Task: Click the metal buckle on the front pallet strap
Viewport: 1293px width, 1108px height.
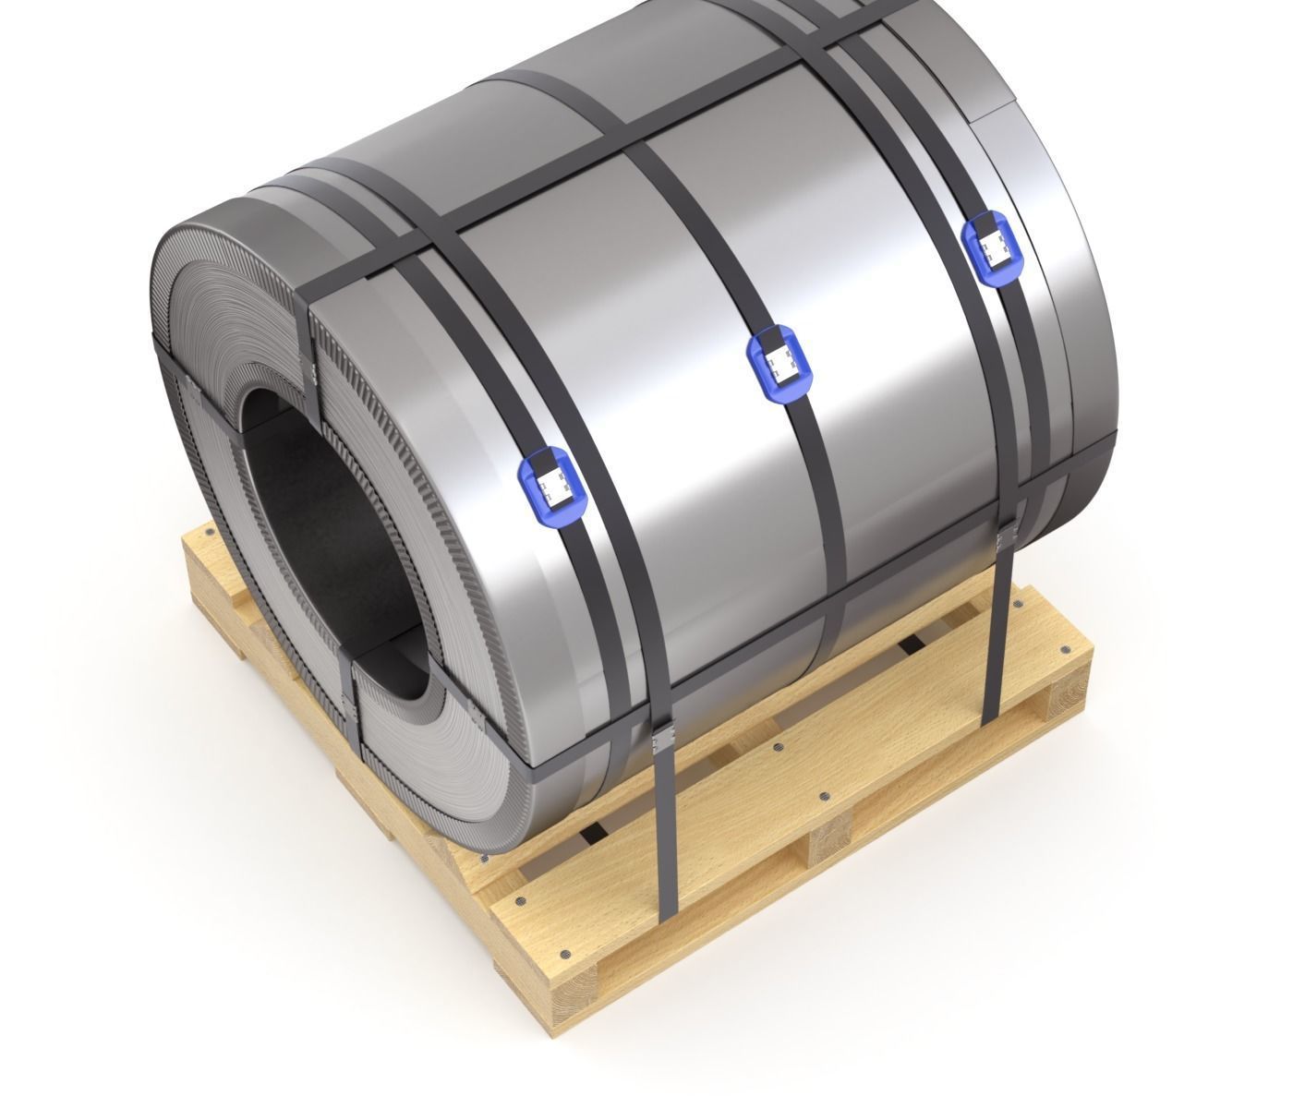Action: (662, 739)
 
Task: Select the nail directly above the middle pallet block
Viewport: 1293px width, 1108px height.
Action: (823, 794)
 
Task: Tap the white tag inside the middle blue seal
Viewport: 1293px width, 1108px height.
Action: (779, 362)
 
